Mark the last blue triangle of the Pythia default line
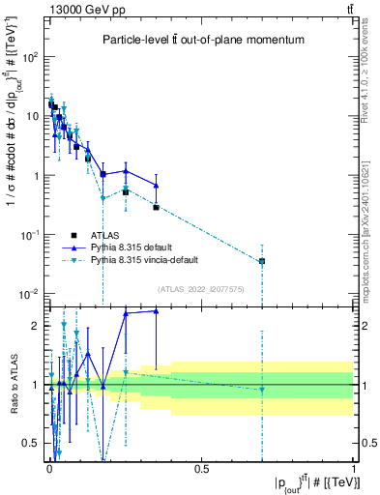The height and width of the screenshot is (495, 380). [157, 186]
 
